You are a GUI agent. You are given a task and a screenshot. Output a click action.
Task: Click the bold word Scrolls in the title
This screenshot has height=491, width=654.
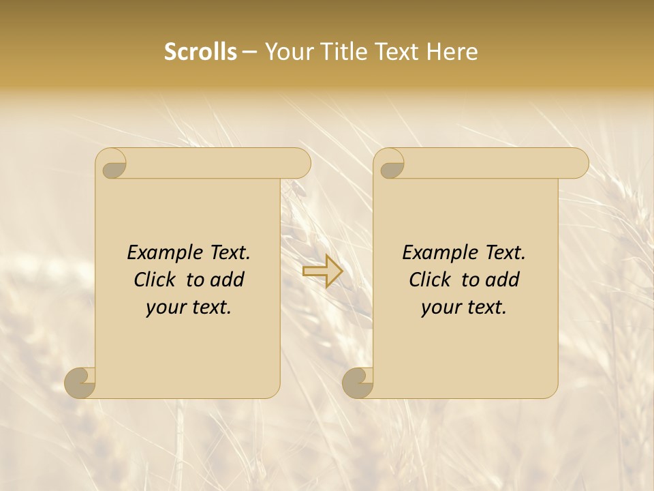pyautogui.click(x=200, y=52)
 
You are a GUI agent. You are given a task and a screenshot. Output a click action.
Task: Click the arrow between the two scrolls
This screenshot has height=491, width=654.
pyautogui.click(x=322, y=271)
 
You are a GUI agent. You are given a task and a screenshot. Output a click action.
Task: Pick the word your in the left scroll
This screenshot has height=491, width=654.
pyautogui.click(x=162, y=308)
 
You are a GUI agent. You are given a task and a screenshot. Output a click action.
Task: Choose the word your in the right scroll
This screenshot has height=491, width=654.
pyautogui.click(x=437, y=308)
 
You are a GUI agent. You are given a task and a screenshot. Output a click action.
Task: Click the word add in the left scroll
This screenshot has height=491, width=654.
pyautogui.click(x=228, y=280)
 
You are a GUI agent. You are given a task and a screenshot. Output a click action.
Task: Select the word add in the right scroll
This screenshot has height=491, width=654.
pyautogui.click(x=503, y=280)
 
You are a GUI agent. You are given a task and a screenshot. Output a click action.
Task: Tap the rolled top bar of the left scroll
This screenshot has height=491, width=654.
pyautogui.click(x=218, y=163)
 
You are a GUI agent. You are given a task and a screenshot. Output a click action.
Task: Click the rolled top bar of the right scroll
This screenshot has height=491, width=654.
pyautogui.click(x=496, y=163)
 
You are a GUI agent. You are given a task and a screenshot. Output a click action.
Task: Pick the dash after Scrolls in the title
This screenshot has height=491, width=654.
pyautogui.click(x=249, y=53)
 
